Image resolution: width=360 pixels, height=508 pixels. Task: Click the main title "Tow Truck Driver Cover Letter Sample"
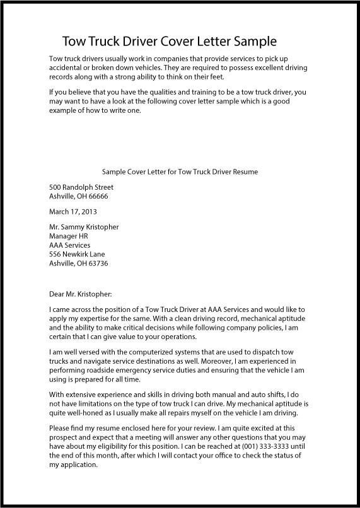tap(170, 42)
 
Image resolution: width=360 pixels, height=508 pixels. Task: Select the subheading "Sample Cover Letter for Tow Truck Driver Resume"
tap(180, 171)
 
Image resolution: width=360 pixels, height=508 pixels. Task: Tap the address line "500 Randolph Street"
tap(81, 187)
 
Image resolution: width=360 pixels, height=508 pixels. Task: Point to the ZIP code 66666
tap(99, 196)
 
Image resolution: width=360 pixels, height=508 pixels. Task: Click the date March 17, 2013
tap(73, 212)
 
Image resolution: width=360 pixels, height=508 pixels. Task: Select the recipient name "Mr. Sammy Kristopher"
tap(84, 227)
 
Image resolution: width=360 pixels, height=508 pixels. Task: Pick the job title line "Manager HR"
tap(69, 236)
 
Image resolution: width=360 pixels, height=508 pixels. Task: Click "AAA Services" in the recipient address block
tap(69, 245)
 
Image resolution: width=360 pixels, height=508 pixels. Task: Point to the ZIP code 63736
tap(99, 263)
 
